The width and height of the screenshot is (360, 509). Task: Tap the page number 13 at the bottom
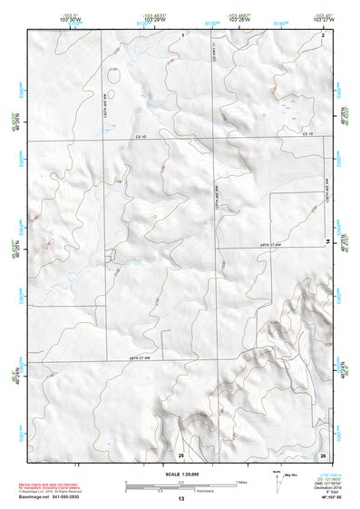click(180, 499)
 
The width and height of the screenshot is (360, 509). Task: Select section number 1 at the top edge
click(182, 33)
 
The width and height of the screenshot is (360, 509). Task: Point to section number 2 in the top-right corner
click(323, 33)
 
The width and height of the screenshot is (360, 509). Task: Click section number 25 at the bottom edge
click(180, 454)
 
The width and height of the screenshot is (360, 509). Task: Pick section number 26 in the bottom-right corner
click(323, 454)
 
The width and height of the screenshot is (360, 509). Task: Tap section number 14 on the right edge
click(328, 240)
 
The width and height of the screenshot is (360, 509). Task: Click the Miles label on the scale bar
click(239, 481)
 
